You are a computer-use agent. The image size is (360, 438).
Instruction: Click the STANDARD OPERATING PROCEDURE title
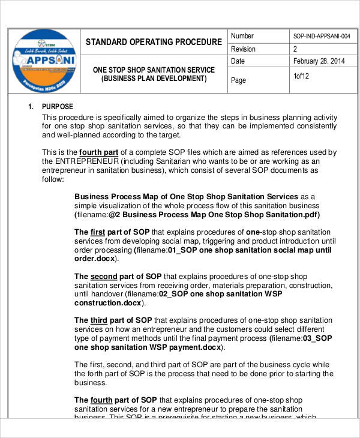pyautogui.click(x=153, y=42)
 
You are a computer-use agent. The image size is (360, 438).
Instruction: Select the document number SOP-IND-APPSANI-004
pyautogui.click(x=321, y=37)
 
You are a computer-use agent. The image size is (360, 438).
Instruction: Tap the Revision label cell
pyautogui.click(x=243, y=49)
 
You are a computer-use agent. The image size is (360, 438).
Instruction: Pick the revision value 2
pyautogui.click(x=295, y=49)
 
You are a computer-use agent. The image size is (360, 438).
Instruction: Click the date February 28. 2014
pyautogui.click(x=319, y=61)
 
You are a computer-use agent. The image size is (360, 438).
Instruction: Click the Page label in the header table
pyautogui.click(x=239, y=80)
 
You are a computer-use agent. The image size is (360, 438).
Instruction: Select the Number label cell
pyautogui.click(x=242, y=36)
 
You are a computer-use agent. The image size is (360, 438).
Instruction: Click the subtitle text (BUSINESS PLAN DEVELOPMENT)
pyautogui.click(x=154, y=79)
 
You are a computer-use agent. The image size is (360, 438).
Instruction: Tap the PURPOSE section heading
pyautogui.click(x=58, y=107)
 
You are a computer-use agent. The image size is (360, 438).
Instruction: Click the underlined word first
pyautogui.click(x=98, y=232)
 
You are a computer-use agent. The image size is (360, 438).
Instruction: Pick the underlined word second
pyautogui.click(x=104, y=277)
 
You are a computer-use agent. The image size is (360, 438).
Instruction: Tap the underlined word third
pyautogui.click(x=98, y=320)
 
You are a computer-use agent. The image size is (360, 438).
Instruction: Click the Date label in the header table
pyautogui.click(x=238, y=61)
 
